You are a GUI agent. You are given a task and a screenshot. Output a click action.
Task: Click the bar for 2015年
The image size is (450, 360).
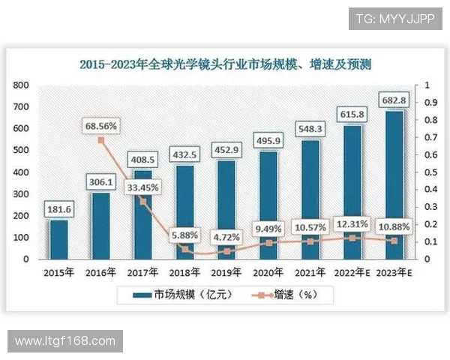tap(58, 238)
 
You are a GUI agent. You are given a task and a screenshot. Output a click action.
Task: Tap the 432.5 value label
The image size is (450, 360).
tap(184, 154)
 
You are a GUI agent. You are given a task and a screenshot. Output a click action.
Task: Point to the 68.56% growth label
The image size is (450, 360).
tap(100, 126)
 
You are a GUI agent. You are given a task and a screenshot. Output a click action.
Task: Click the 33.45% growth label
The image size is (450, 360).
tap(142, 187)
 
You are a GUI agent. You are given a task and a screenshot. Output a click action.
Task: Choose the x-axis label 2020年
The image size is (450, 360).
tap(268, 272)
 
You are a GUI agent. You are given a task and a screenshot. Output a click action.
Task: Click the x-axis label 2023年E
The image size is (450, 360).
tap(394, 272)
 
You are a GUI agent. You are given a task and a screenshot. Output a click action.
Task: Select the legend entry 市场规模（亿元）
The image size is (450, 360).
tap(187, 295)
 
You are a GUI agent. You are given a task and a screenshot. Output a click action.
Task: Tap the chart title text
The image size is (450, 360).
tap(225, 64)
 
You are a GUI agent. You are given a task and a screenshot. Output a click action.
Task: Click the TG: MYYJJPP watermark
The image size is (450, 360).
tap(395, 18)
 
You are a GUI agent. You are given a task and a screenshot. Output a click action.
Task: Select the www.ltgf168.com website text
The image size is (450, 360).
tap(65, 341)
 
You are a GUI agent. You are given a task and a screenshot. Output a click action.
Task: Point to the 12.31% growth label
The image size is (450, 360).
tap(352, 223)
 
